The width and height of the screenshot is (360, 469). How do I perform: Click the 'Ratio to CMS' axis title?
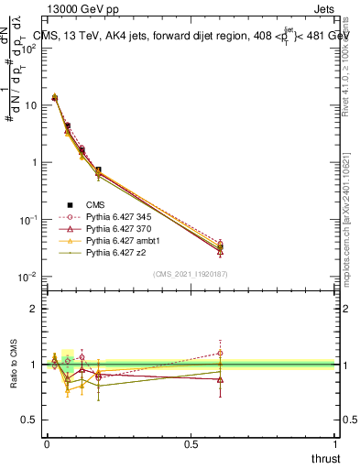(x=16, y=364)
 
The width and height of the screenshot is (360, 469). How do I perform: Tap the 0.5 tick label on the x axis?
(x=191, y=443)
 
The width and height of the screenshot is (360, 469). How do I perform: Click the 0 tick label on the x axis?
(x=47, y=443)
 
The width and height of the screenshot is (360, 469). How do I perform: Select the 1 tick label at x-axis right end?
(x=336, y=443)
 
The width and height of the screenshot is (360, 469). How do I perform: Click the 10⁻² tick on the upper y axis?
(x=28, y=277)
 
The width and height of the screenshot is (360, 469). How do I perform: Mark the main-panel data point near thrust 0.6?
(x=220, y=245)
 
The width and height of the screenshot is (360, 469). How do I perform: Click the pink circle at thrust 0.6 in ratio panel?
(x=220, y=353)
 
